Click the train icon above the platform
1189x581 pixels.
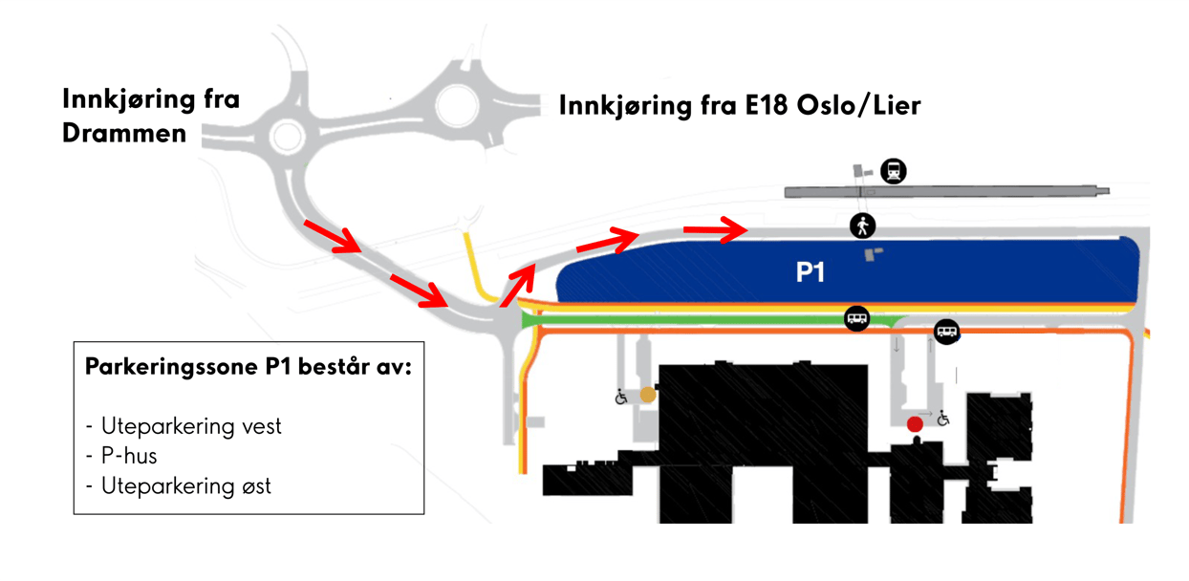tap(894, 171)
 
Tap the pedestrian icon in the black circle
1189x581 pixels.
tap(863, 226)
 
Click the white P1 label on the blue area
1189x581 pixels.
tap(811, 273)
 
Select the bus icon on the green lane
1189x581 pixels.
tap(856, 319)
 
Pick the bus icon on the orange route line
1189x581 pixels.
tap(946, 332)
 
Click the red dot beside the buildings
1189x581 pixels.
tap(915, 423)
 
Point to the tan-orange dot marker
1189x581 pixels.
tap(647, 394)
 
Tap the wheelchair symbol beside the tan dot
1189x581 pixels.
tap(622, 396)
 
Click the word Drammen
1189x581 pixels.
tap(124, 133)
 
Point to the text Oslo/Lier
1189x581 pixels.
tap(865, 104)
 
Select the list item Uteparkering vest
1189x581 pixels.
tap(191, 426)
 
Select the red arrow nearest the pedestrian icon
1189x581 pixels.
tap(715, 228)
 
